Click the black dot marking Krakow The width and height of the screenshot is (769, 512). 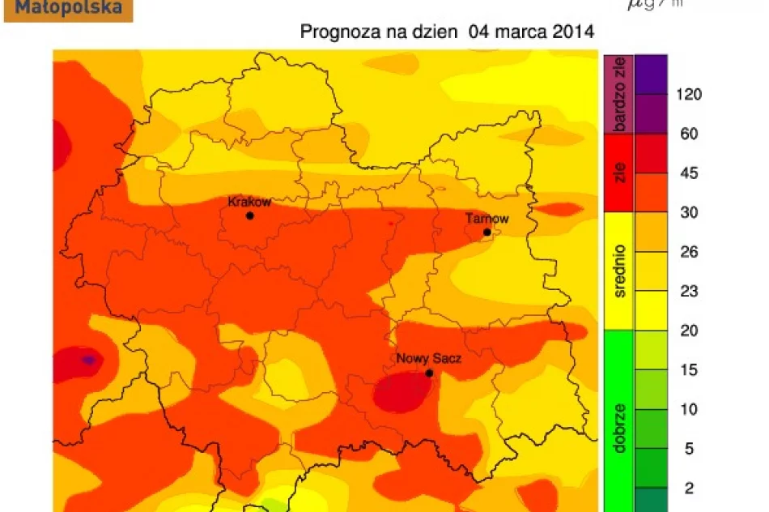click(249, 215)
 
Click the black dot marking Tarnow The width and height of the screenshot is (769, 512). click(486, 233)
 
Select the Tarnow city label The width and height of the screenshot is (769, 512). click(486, 219)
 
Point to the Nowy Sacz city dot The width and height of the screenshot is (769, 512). click(429, 373)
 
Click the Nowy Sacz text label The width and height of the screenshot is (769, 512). click(428, 358)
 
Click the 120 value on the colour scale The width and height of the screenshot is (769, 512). click(689, 95)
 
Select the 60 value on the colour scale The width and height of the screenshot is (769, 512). click(689, 134)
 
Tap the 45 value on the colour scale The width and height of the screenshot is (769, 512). click(689, 173)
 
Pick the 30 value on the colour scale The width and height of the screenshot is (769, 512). click(689, 213)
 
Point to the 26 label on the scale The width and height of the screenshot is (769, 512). click(689, 253)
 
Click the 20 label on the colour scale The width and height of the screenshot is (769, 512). click(689, 331)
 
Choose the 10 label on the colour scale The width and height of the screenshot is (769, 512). click(689, 410)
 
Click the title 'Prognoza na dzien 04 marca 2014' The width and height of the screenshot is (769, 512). click(447, 32)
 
